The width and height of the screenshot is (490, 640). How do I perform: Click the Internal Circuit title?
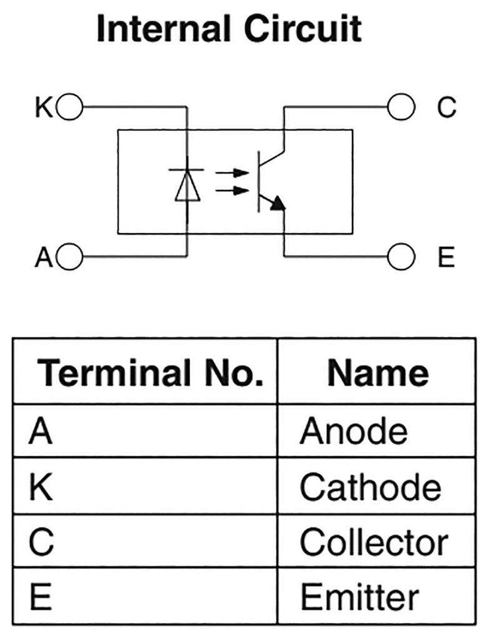tap(229, 29)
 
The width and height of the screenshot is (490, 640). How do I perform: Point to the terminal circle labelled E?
tap(401, 256)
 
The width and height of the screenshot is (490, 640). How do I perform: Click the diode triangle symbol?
tap(187, 186)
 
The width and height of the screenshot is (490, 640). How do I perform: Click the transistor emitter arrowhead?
tap(278, 203)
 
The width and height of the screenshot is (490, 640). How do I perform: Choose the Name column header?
tap(378, 373)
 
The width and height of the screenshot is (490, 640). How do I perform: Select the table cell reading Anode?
tap(353, 431)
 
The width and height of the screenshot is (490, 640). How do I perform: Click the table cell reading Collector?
tap(374, 542)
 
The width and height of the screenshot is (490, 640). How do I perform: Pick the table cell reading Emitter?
tap(359, 597)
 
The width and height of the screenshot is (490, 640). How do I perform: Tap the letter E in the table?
tap(41, 597)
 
